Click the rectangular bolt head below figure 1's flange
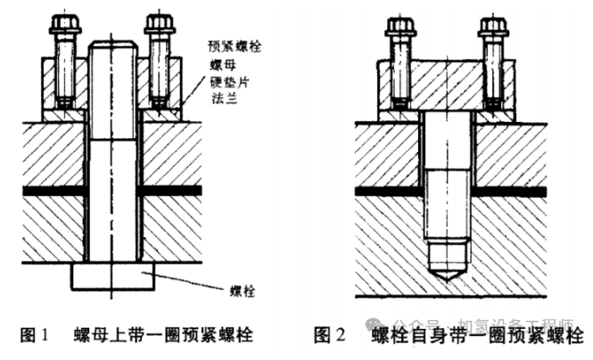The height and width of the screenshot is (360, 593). point(111,275)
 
